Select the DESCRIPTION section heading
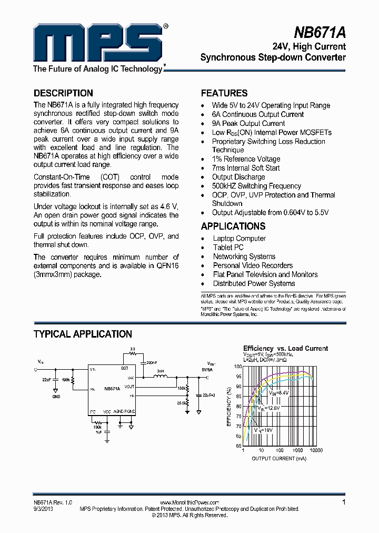tap(63, 93)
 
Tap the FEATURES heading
tap(224, 93)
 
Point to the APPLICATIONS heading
tap(233, 226)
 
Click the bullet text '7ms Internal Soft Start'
tap(246, 168)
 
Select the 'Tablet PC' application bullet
tap(228, 248)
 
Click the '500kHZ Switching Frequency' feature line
tap(256, 186)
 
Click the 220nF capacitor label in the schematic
tap(151, 363)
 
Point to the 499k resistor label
tap(66, 380)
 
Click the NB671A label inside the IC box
tap(112, 388)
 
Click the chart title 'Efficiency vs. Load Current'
tap(285, 348)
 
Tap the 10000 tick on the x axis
tap(316, 450)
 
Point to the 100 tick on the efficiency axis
tap(237, 366)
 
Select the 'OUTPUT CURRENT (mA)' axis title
tap(278, 458)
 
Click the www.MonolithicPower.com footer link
tap(189, 502)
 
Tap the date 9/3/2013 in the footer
tap(43, 509)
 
